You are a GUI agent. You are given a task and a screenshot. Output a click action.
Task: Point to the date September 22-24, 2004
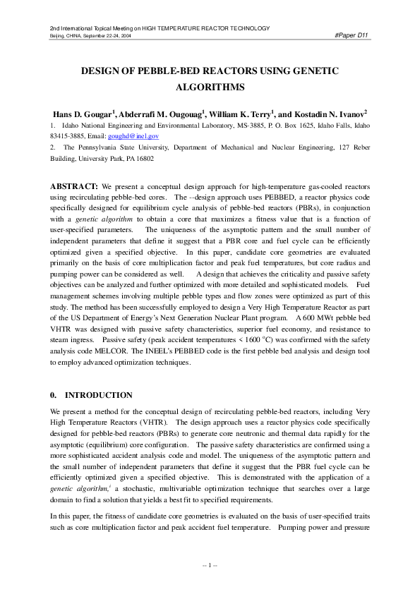(105, 35)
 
